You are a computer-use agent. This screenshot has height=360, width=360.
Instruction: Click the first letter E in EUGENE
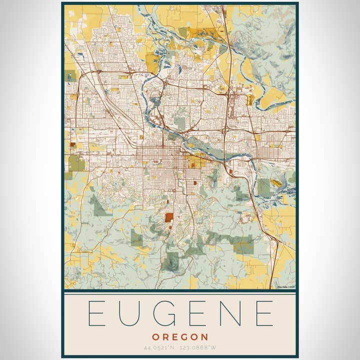click(95, 313)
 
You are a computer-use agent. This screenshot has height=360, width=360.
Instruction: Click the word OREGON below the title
click(180, 337)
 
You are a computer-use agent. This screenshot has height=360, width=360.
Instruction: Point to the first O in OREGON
click(155, 337)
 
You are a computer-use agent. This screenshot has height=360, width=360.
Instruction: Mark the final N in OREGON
click(205, 337)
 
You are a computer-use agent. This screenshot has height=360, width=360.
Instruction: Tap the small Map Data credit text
click(285, 286)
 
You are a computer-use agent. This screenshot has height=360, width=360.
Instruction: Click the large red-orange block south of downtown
click(169, 217)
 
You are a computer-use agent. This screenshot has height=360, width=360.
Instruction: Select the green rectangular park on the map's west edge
click(76, 163)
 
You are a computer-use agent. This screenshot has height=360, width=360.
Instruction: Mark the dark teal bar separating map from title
click(180, 290)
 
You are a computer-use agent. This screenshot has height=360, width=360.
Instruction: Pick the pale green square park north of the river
click(179, 122)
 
